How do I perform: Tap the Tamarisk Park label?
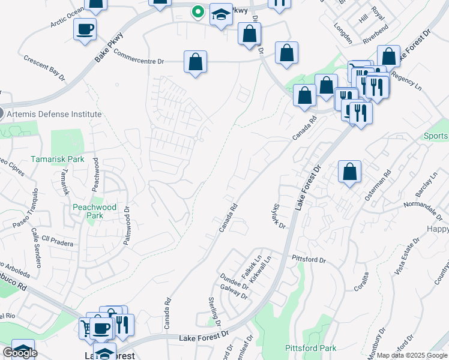58,160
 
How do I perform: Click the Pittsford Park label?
310,348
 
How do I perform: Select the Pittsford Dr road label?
309,260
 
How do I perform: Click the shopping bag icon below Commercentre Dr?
195,62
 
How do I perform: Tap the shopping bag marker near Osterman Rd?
349,172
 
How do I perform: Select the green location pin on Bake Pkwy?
197,11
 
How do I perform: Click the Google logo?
19,353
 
